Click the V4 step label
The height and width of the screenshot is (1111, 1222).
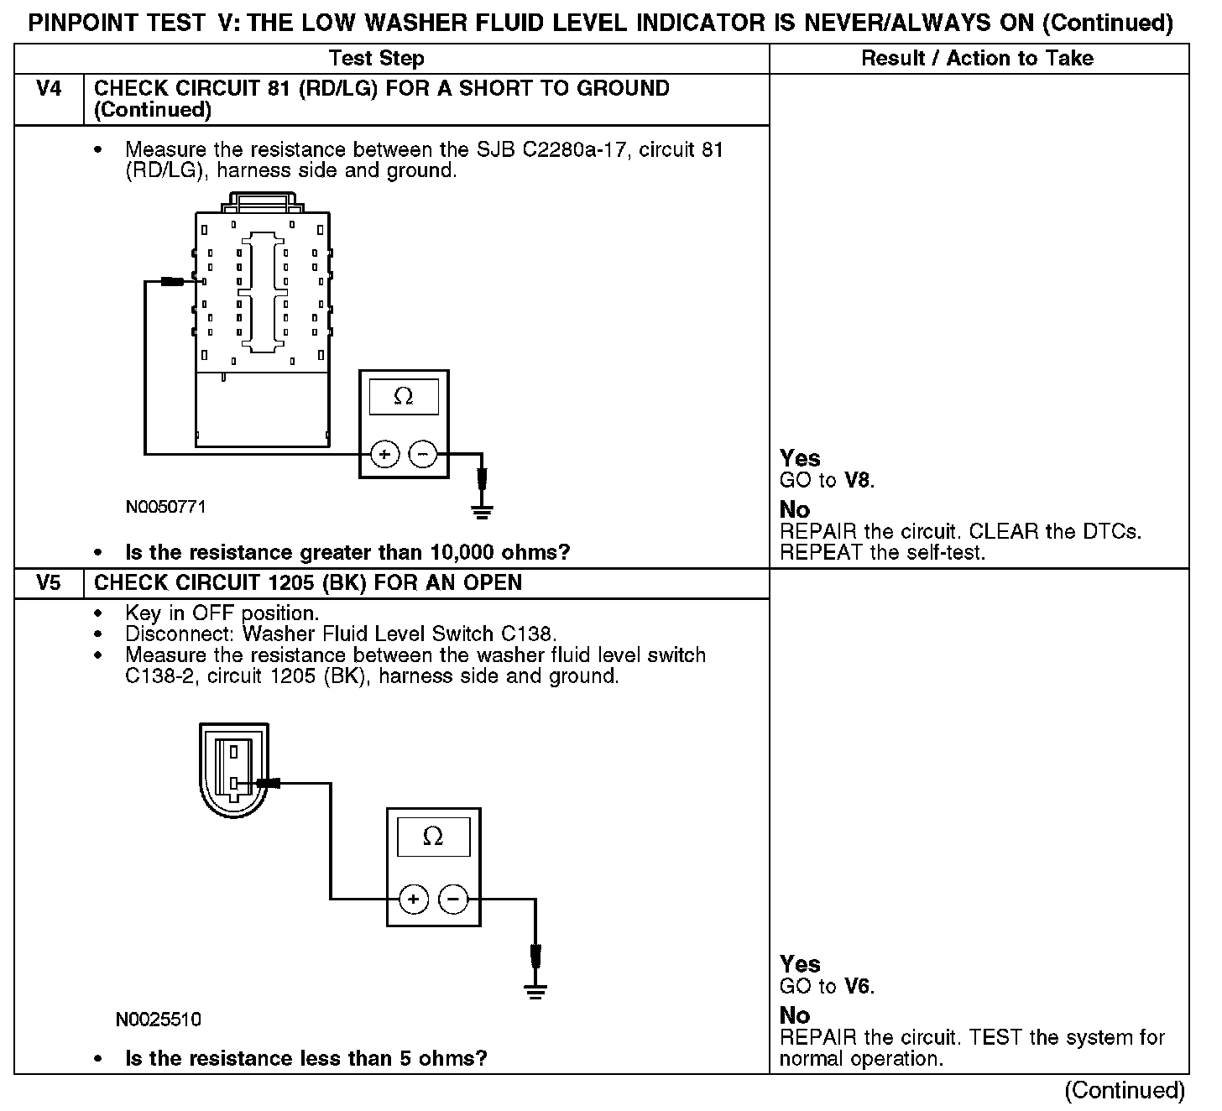point(49,89)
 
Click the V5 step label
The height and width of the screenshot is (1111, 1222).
point(49,583)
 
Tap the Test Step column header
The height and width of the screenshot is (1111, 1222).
point(377,58)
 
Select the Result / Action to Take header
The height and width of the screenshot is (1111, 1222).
point(978,58)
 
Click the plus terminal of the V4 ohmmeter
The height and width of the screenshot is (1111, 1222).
point(384,455)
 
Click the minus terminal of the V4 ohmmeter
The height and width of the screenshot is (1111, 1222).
point(422,455)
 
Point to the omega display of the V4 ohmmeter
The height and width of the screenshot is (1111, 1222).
point(404,396)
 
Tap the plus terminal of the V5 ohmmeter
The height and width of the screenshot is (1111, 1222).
point(413,900)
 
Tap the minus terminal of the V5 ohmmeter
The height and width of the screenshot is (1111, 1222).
point(453,900)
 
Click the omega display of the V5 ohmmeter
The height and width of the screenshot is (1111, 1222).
point(433,836)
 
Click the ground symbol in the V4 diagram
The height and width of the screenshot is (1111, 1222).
point(482,509)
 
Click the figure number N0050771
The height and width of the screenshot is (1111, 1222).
point(165,507)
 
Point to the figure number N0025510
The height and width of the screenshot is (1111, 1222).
point(159,1020)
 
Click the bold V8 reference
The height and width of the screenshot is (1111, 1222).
point(859,481)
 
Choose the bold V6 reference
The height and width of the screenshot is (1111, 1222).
point(859,987)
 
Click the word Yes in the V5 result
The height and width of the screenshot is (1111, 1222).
point(800,964)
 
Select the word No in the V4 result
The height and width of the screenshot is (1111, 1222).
point(795,509)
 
